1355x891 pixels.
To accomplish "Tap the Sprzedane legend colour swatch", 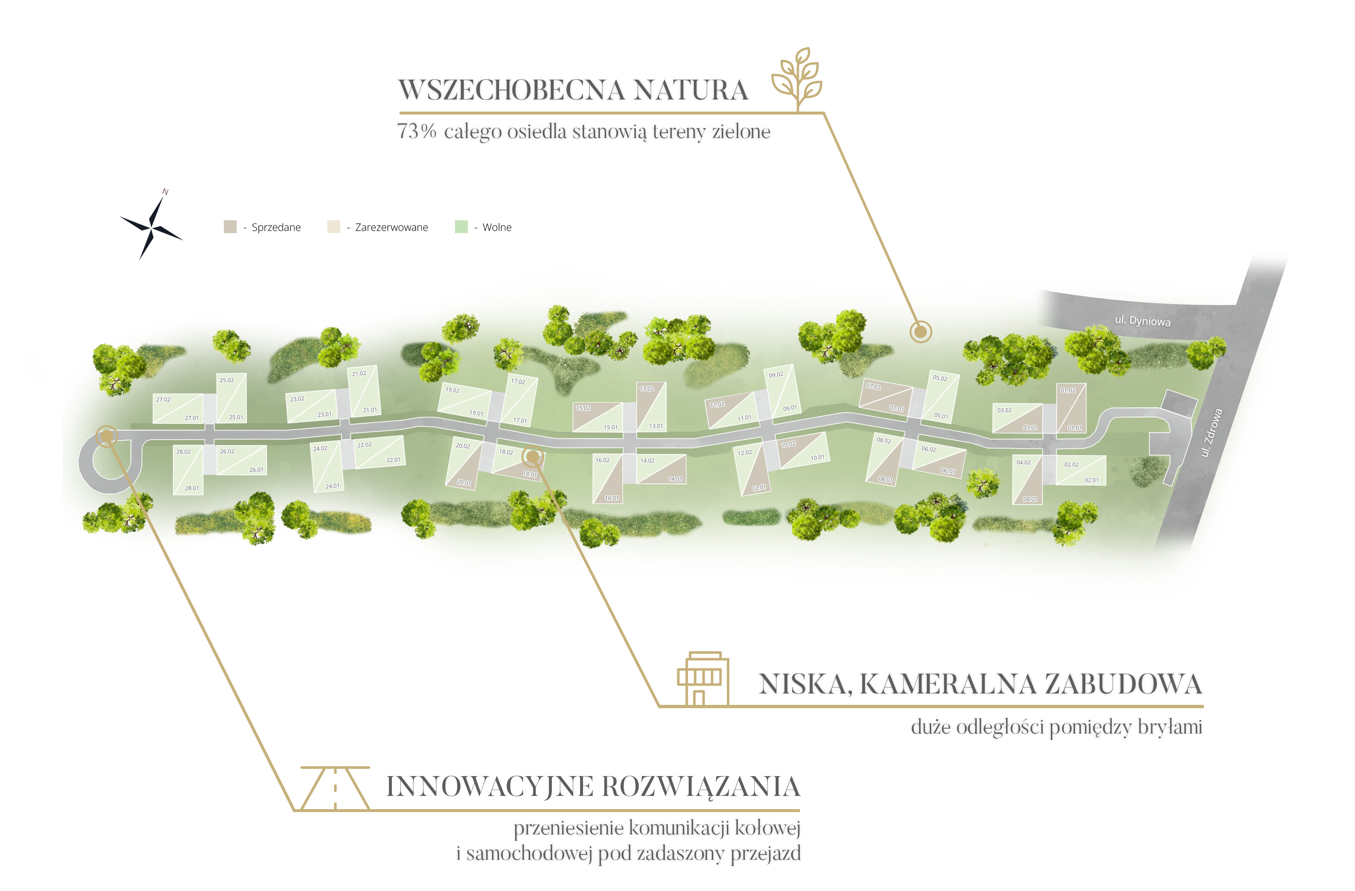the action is pyautogui.click(x=230, y=227).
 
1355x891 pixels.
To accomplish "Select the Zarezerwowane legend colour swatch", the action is pyautogui.click(x=334, y=227).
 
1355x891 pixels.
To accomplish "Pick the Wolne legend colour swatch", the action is pyautogui.click(x=461, y=227).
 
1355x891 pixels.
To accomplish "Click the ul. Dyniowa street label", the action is pyautogui.click(x=1143, y=321).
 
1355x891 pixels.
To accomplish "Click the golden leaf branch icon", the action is pyautogui.click(x=797, y=79).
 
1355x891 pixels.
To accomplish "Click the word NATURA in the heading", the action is pyautogui.click(x=691, y=90).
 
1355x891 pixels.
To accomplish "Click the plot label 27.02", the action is pyautogui.click(x=163, y=400).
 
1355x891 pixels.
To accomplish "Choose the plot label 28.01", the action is pyautogui.click(x=192, y=488).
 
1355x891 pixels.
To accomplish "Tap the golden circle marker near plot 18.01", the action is pyautogui.click(x=533, y=456).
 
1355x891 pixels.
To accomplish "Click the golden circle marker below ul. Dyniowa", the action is pyautogui.click(x=920, y=331).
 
